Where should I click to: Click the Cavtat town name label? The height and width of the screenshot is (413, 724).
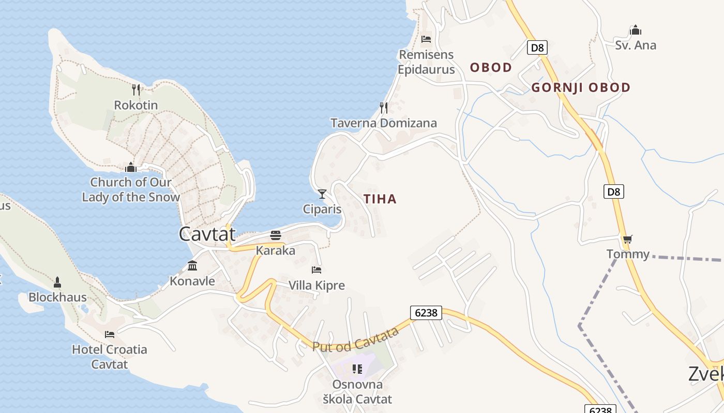point(207,234)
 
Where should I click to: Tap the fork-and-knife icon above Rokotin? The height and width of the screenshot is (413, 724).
point(136,90)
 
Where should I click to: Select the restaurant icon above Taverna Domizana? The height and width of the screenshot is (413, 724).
point(384,107)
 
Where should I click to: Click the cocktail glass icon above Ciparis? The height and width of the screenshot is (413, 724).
point(322,194)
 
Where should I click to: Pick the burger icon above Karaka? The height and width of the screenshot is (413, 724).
point(276,236)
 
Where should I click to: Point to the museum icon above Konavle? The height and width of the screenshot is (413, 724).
point(192,266)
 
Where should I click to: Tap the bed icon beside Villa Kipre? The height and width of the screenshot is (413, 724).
point(316,269)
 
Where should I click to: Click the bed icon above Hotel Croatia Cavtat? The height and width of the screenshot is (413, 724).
point(109,334)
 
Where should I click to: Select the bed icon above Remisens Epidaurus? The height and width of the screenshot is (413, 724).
point(426,39)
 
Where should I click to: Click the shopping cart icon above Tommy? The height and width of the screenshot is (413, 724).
point(627,239)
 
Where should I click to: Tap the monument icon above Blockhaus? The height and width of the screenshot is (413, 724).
point(57,282)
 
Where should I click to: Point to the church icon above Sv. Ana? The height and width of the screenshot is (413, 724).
point(636,30)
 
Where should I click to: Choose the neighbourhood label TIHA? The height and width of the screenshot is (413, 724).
point(380,199)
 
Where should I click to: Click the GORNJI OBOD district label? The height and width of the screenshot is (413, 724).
point(581,88)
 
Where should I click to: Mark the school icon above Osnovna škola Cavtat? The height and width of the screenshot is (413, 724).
point(357,369)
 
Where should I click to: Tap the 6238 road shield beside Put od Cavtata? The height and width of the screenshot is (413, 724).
point(427,312)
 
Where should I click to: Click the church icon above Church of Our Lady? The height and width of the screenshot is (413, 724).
point(131,167)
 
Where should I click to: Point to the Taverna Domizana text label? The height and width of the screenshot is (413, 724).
point(384,123)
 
